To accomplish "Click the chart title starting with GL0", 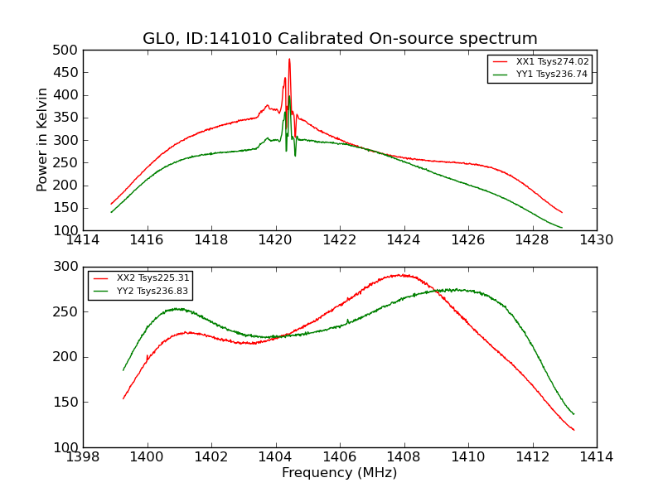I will (340, 38).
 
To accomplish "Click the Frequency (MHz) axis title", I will (340, 473).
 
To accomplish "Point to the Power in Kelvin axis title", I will (42, 140).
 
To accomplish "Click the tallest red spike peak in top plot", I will (289, 59).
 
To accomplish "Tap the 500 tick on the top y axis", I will (68, 50).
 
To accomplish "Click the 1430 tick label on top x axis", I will (597, 240).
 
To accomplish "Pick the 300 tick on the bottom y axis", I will (68, 267).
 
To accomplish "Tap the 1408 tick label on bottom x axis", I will (404, 457).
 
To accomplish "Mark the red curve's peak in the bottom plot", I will (401, 274).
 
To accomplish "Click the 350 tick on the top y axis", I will (68, 118).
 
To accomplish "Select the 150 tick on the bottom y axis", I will (68, 402).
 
